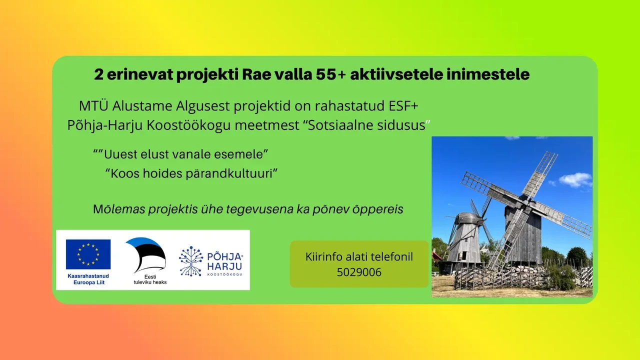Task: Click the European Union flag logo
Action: point(88,254)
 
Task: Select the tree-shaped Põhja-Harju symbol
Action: point(191,261)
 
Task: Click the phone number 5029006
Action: point(359,272)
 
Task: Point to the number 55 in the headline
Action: point(325,74)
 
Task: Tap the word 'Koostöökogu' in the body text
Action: point(188,125)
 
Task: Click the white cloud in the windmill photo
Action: point(575,180)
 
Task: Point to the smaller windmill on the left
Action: point(464,237)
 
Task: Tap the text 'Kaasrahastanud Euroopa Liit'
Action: point(88,279)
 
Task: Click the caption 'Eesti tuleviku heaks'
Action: point(150,279)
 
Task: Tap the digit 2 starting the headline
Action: point(98,74)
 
